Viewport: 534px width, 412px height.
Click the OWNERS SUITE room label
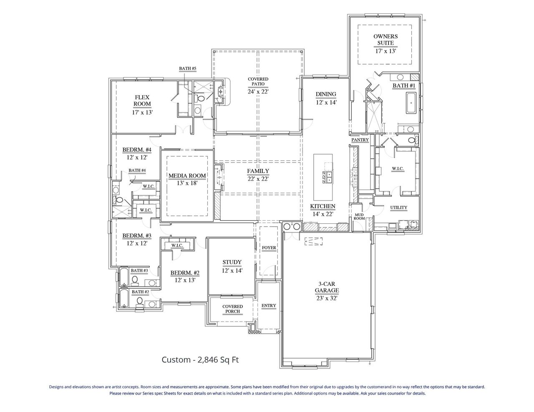coord(385,40)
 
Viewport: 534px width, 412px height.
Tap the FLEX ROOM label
coord(142,101)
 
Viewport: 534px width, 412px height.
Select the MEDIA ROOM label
coord(187,176)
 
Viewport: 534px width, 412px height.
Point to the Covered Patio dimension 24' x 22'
coord(258,92)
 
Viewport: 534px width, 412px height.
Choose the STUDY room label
coord(232,262)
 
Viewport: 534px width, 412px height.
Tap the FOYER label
coord(269,248)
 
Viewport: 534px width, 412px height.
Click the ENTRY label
coord(269,305)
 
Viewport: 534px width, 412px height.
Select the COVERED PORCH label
coord(232,309)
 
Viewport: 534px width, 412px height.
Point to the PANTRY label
coord(360,140)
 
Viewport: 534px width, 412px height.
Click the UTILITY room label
coord(398,207)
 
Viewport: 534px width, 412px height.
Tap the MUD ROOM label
coord(359,216)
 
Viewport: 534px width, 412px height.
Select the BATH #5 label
coord(187,68)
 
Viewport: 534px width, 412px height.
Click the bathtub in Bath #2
coord(124,299)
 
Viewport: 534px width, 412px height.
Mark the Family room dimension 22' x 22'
coord(258,179)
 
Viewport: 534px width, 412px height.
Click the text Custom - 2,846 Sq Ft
coord(200,360)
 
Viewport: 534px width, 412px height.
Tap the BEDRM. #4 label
coord(136,150)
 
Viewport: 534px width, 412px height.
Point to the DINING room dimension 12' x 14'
coord(326,102)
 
